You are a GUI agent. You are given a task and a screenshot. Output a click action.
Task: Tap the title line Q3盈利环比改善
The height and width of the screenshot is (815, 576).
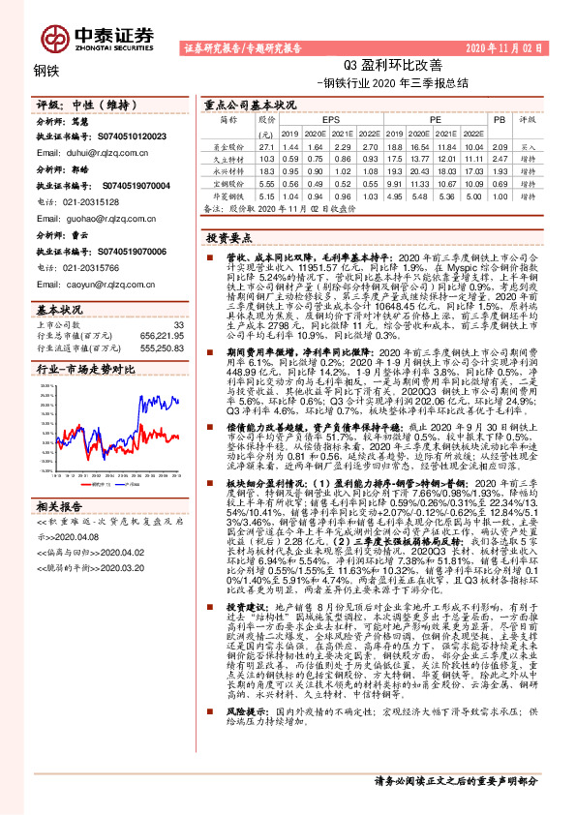pos(393,65)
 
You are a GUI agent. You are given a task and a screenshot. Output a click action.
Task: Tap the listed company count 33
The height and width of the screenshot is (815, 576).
pos(177,323)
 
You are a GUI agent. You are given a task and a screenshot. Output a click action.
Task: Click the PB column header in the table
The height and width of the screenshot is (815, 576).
pos(500,121)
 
